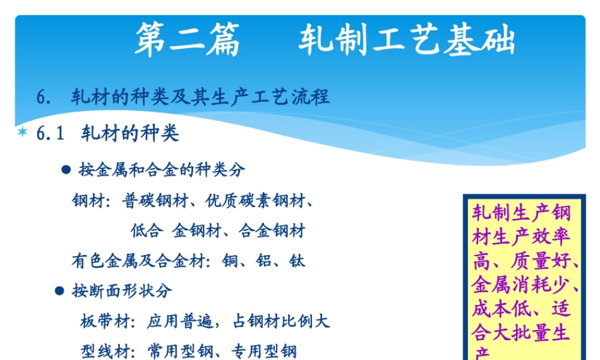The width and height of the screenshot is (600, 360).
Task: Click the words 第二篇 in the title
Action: click(187, 41)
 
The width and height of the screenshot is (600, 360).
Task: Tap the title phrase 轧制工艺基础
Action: click(406, 41)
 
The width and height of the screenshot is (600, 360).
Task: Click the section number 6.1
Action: click(50, 133)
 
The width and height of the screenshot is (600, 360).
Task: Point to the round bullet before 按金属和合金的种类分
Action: click(67, 170)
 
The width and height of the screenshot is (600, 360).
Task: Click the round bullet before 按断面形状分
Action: click(59, 291)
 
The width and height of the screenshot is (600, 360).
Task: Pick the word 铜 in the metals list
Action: click(230, 260)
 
